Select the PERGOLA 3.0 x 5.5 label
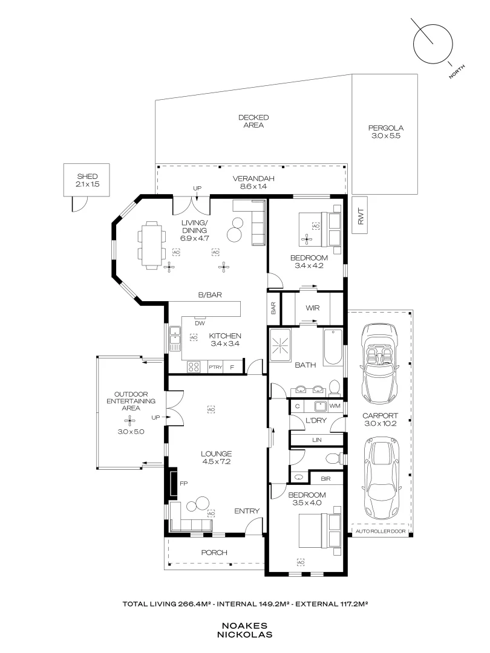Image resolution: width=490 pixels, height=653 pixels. (x=386, y=132)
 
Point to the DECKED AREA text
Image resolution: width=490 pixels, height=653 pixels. (x=253, y=121)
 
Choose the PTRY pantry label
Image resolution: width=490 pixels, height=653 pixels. (x=215, y=367)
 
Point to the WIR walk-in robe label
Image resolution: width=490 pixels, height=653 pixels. (x=312, y=308)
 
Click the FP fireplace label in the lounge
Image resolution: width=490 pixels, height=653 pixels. (x=184, y=484)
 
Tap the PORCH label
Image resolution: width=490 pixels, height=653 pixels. (x=214, y=553)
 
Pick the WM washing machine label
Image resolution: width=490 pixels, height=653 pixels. (x=335, y=406)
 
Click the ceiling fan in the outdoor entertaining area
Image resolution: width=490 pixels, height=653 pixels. (x=132, y=420)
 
